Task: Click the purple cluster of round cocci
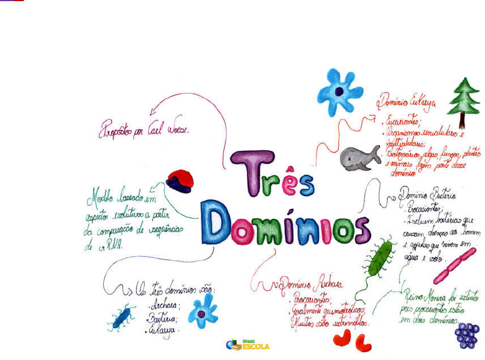[467, 335]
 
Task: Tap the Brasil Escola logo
[248, 344]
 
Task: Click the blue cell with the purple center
[339, 91]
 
